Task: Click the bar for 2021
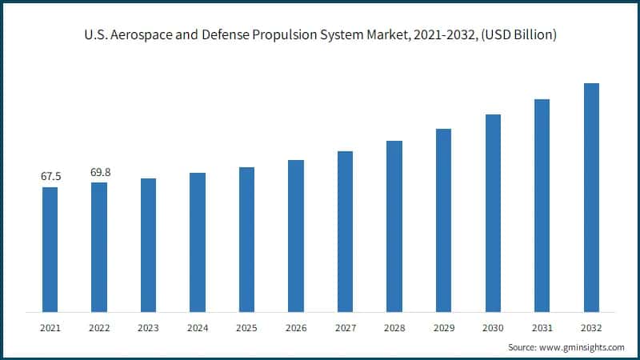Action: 50,249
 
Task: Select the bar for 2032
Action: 591,197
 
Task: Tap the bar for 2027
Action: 345,231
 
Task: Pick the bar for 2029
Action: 443,220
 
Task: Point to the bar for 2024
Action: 198,242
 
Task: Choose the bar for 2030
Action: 493,213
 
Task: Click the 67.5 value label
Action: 50,176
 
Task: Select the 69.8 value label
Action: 99,171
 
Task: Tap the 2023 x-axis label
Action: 148,328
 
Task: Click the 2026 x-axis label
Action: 296,328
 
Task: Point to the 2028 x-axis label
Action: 394,328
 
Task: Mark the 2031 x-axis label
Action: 542,328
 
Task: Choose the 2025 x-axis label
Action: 246,328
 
